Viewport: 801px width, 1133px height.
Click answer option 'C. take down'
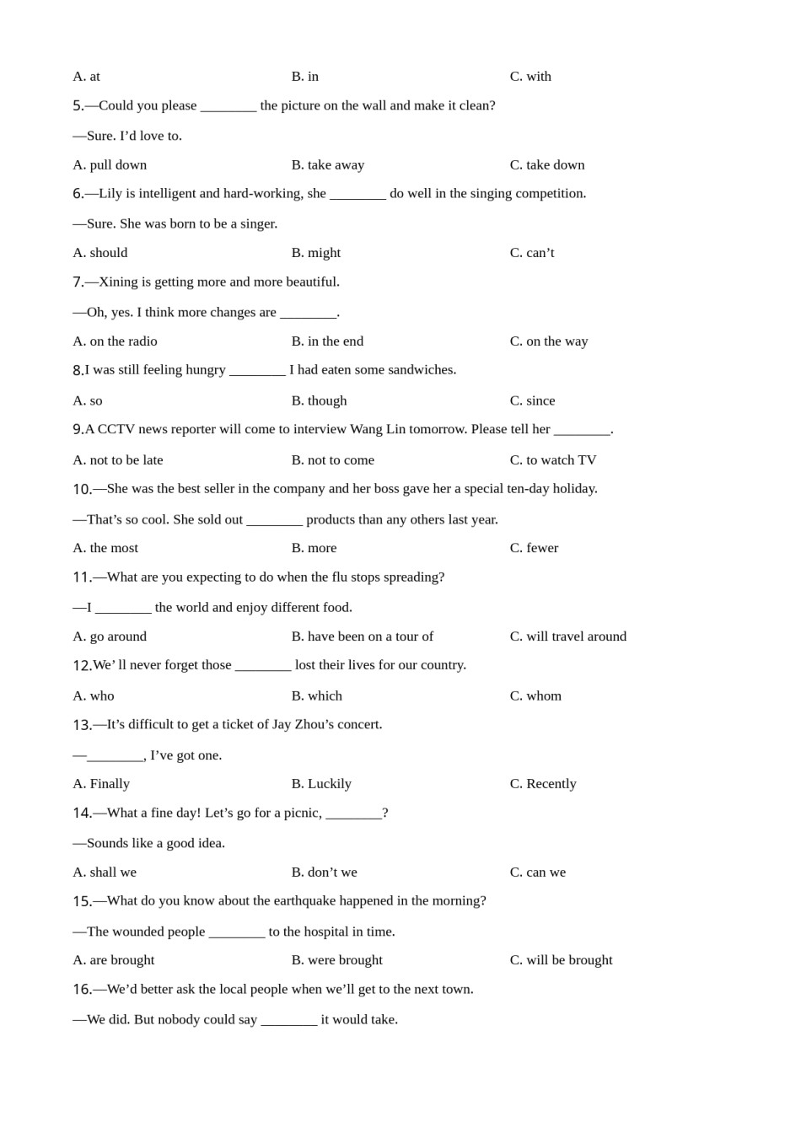(546, 164)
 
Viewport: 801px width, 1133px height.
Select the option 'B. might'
(315, 252)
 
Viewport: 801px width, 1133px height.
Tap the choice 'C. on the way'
(548, 341)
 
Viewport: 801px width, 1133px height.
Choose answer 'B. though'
(319, 400)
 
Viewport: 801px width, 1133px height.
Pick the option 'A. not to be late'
(117, 459)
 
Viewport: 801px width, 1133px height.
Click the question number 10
(82, 489)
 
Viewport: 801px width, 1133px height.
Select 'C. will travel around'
(567, 636)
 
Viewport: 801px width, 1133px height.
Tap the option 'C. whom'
(535, 695)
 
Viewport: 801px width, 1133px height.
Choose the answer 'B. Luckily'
(321, 783)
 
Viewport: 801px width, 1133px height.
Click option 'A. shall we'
(104, 872)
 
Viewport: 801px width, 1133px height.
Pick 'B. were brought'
(336, 959)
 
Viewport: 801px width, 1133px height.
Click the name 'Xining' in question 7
(118, 282)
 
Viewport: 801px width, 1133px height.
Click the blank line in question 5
(228, 106)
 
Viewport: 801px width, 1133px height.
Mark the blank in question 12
(263, 666)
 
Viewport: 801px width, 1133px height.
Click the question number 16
(82, 990)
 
